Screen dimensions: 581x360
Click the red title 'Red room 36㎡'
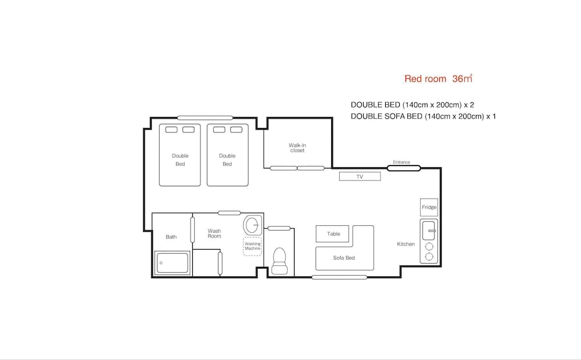pyautogui.click(x=438, y=78)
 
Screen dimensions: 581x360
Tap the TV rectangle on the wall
pyautogui.click(x=360, y=177)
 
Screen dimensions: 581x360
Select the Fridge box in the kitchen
pyautogui.click(x=429, y=207)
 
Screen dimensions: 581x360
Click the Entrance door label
pyautogui.click(x=401, y=162)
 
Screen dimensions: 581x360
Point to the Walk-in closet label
pyautogui.click(x=297, y=148)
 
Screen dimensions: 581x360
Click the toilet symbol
pyautogui.click(x=279, y=261)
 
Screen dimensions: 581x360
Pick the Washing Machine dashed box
pyautogui.click(x=253, y=246)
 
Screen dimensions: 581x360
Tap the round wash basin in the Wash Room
pyautogui.click(x=252, y=225)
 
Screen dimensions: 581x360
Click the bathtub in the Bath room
pyautogui.click(x=173, y=263)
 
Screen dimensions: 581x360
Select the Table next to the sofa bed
pyautogui.click(x=332, y=233)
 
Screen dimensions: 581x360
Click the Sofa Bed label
pyautogui.click(x=344, y=258)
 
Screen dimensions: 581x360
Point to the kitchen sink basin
pyautogui.click(x=429, y=231)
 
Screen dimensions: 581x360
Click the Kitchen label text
pyautogui.click(x=406, y=244)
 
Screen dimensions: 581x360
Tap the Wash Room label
pyautogui.click(x=214, y=233)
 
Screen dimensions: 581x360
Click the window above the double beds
pyautogui.click(x=205, y=118)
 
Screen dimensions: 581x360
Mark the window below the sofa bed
pyautogui.click(x=339, y=277)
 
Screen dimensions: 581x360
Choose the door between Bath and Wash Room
pyautogui.click(x=192, y=229)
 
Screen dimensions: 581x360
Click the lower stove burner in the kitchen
pyautogui.click(x=429, y=256)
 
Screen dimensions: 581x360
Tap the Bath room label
pyautogui.click(x=171, y=237)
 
